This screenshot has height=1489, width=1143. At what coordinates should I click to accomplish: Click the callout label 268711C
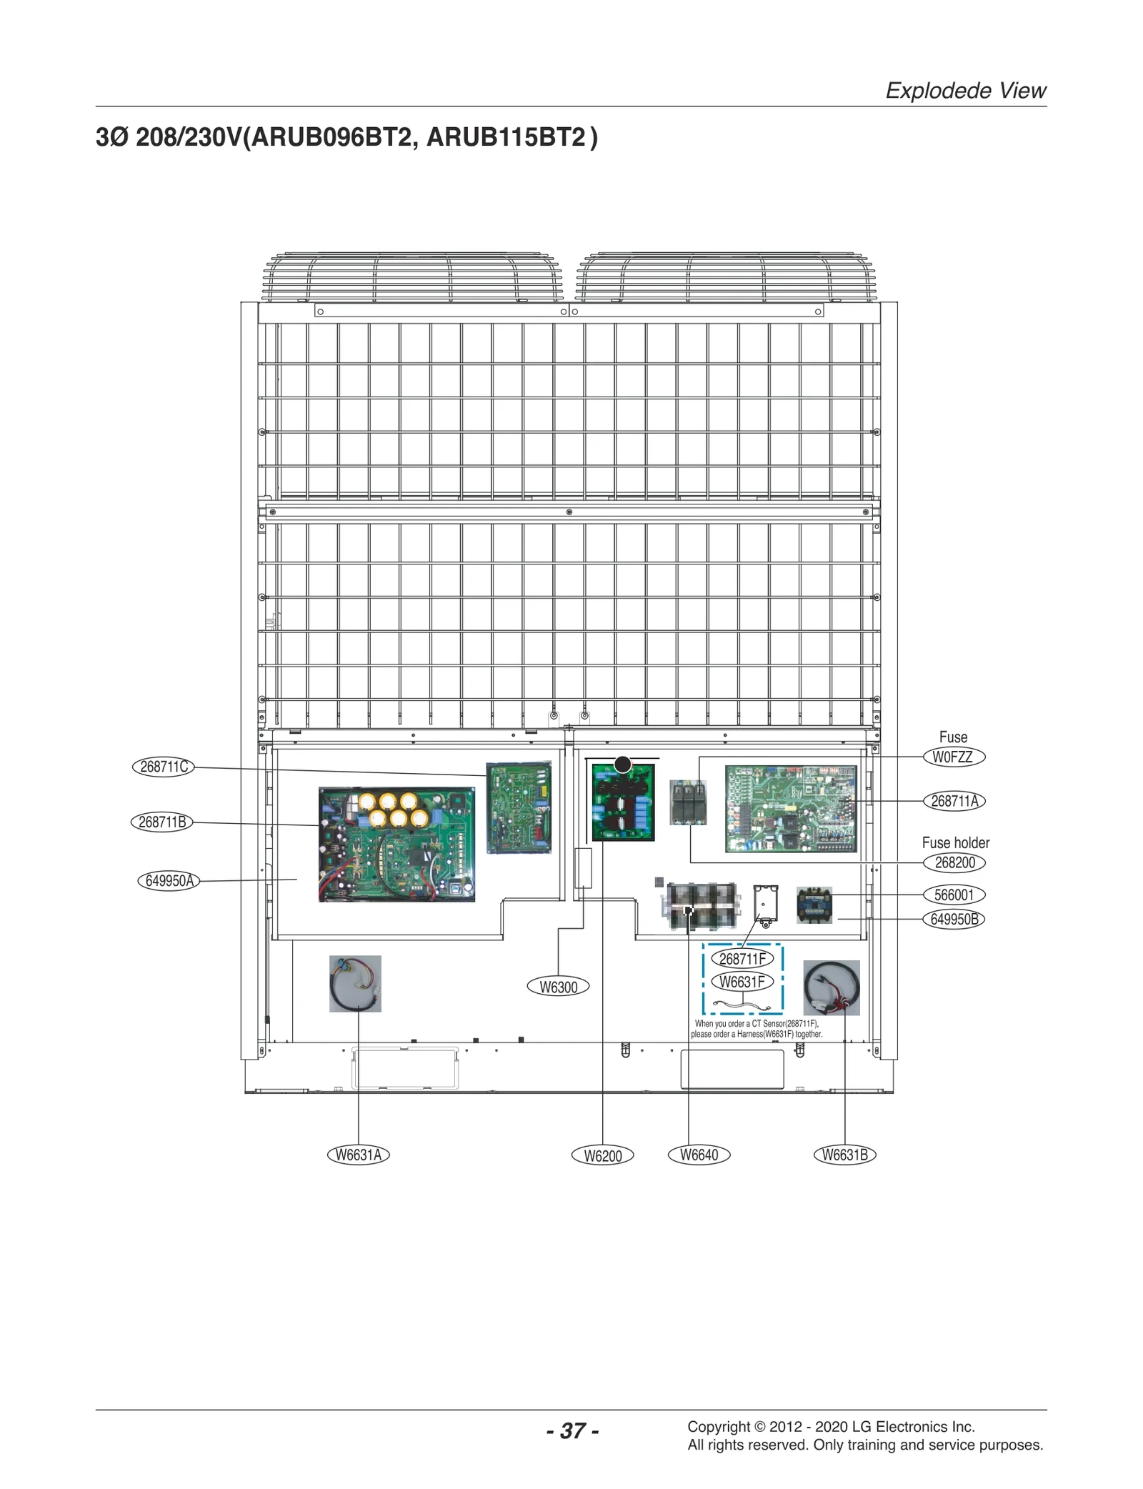tap(164, 767)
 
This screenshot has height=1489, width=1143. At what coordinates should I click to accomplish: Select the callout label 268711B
tap(162, 822)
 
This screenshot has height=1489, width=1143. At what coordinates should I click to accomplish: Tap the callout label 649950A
tap(169, 881)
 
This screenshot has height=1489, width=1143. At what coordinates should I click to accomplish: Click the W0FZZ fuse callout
tap(953, 757)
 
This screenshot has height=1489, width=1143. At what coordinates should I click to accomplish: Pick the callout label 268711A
tap(954, 802)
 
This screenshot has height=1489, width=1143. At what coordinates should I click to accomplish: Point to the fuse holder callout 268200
tap(954, 863)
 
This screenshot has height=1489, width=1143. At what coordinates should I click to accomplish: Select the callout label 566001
tap(954, 895)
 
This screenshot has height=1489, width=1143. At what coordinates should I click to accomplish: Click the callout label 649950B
tap(954, 920)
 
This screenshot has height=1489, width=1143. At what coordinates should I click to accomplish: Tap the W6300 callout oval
tap(558, 987)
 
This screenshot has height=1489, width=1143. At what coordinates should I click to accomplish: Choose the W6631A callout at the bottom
tap(358, 1155)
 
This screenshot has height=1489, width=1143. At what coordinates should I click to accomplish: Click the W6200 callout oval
tap(602, 1156)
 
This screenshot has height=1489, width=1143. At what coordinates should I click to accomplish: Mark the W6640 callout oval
tap(699, 1155)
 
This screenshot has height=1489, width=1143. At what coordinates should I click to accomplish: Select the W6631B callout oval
tap(844, 1155)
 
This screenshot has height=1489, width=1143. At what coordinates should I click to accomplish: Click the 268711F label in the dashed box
tap(742, 959)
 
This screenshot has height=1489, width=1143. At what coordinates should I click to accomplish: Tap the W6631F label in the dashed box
tap(742, 982)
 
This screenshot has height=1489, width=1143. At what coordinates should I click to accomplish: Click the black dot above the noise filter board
tap(623, 765)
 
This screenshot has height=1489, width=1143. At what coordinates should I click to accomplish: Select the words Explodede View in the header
tap(965, 91)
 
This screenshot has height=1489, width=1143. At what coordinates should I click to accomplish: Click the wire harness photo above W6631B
tap(831, 988)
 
